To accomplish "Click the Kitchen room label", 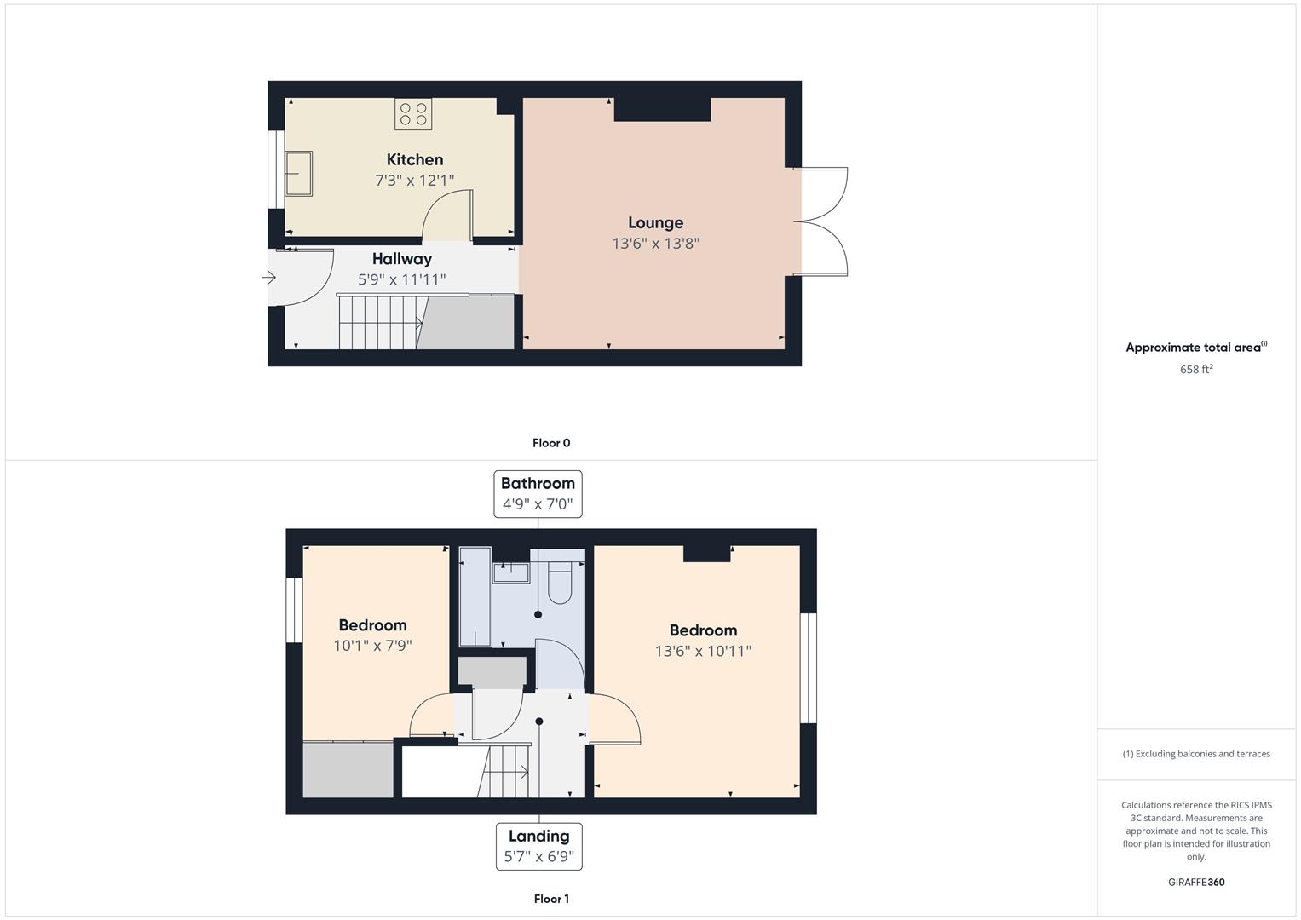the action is point(415,159).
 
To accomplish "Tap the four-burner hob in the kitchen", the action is point(413,114).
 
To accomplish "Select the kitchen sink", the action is point(298,174).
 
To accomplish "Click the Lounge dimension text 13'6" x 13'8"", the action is point(656,244).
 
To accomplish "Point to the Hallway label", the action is point(402,259).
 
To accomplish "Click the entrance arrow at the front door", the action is point(269,278).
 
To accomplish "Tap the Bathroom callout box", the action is point(538,494).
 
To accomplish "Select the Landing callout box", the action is point(539,846).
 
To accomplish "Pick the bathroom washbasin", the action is point(511,572).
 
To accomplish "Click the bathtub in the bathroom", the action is point(475,596).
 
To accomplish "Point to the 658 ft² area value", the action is point(1196,369).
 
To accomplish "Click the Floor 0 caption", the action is point(551,443).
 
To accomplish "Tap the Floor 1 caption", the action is point(551,899).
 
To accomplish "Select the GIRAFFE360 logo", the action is point(1196,882).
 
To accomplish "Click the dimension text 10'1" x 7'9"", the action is point(373,646).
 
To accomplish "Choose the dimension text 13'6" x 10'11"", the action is point(704,651).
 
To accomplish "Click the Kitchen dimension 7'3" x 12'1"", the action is point(415,181).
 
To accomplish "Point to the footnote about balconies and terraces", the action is point(1196,754).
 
